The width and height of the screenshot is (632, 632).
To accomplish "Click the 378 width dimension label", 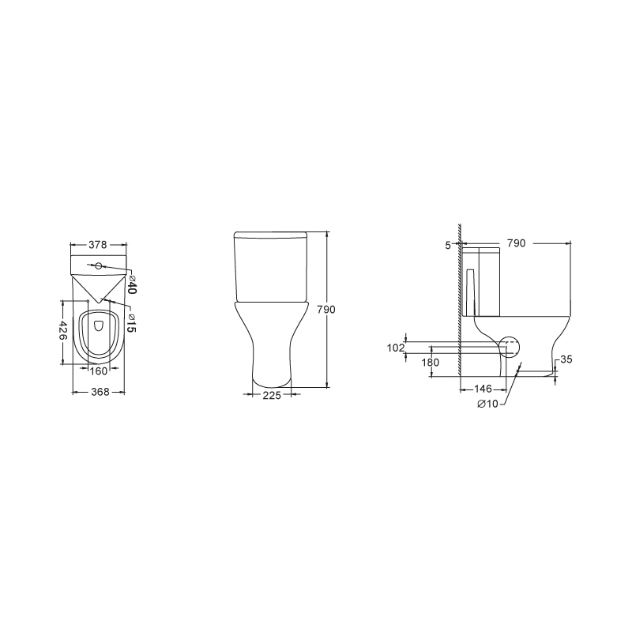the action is click(98, 245).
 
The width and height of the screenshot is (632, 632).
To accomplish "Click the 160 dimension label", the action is click(98, 371).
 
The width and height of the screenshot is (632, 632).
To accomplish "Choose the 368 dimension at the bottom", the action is click(100, 392).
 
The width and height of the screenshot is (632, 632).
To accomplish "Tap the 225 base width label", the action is click(272, 396).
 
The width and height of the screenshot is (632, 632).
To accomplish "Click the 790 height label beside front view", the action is click(326, 310).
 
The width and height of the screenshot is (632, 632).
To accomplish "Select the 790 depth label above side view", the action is click(517, 243).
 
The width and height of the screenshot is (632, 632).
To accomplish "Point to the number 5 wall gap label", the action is click(448, 245).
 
